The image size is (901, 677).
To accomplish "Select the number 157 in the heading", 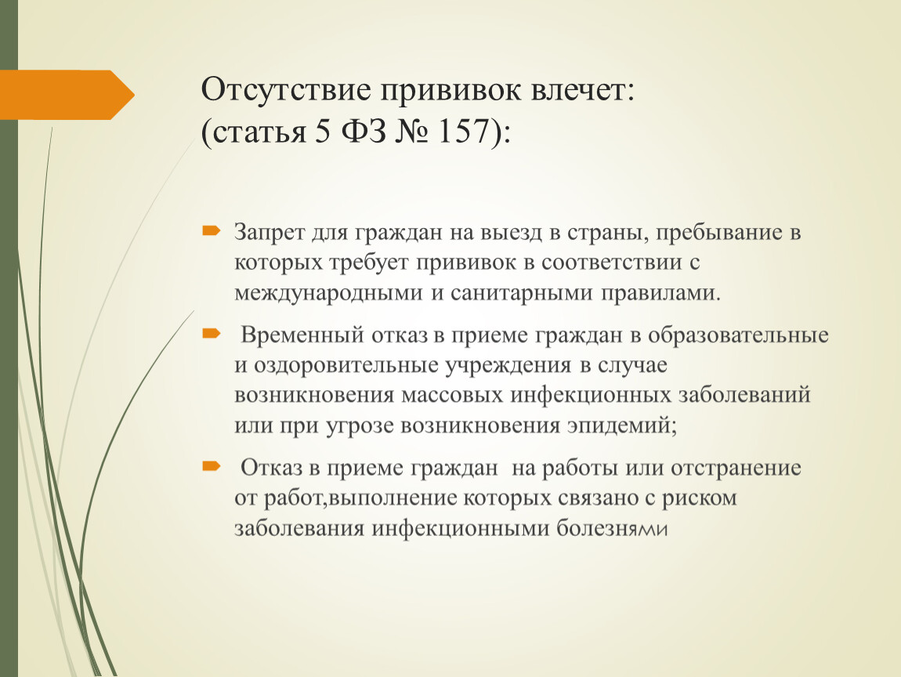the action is point(465,132).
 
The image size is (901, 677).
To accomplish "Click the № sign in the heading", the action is point(412,132).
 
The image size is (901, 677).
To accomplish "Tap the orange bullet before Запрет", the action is point(212,231).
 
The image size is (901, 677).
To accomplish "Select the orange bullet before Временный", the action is point(212,333).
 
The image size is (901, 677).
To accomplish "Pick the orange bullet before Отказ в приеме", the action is point(212,465).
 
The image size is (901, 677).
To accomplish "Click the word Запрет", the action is point(269,232).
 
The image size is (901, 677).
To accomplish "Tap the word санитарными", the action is point(521,292).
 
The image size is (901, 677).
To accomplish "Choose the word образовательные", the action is point(738,335).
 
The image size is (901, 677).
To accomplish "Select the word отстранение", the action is point(736,467).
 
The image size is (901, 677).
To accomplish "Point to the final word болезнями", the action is point(612,528).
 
